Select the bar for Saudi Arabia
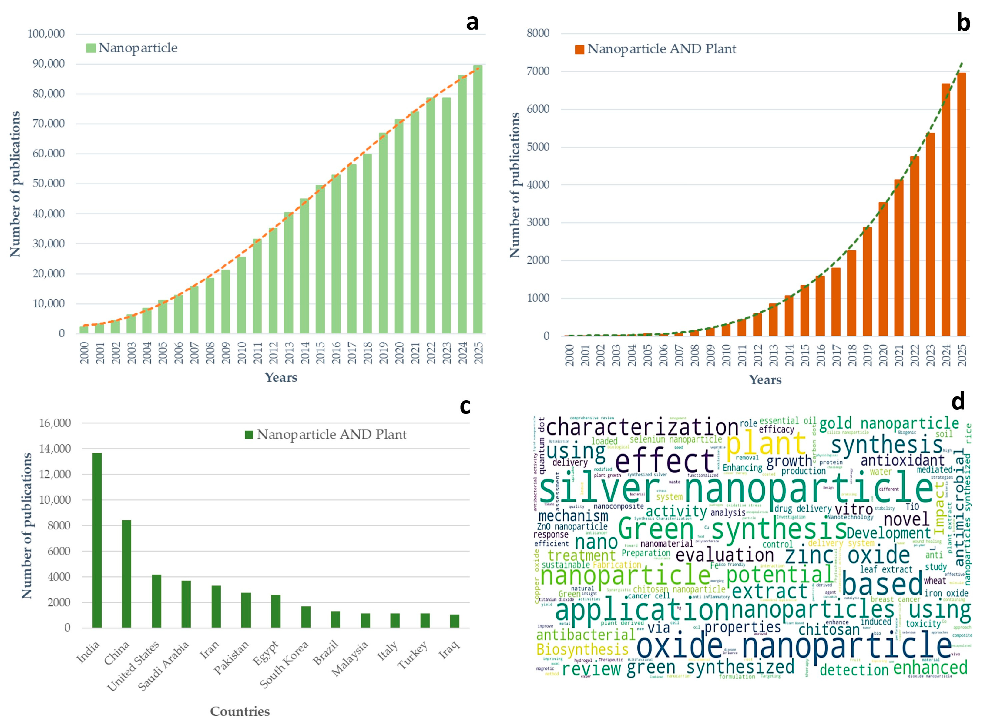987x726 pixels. tap(186, 604)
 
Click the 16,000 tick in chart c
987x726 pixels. tap(55, 423)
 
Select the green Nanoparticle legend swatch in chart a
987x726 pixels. tap(91, 48)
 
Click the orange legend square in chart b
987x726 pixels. tap(579, 49)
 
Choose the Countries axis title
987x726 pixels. tap(240, 711)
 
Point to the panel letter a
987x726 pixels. tap(472, 22)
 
